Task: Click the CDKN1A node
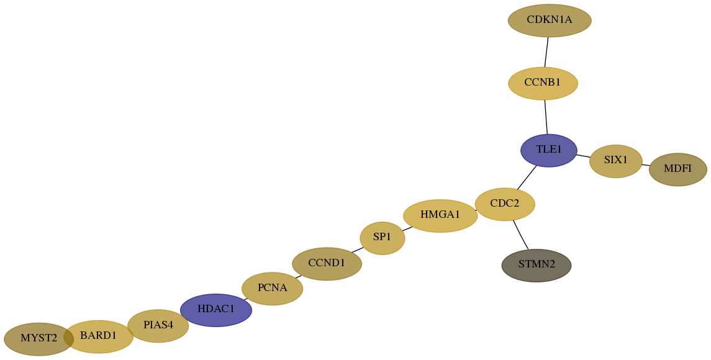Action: pyautogui.click(x=550, y=20)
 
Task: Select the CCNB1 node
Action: pyautogui.click(x=543, y=83)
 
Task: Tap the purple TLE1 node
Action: pyautogui.click(x=549, y=151)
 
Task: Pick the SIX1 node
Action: pyautogui.click(x=616, y=161)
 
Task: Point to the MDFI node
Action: pyautogui.click(x=678, y=169)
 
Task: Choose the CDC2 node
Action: pyautogui.click(x=505, y=204)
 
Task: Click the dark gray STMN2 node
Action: pyautogui.click(x=537, y=265)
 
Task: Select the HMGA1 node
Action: pyautogui.click(x=440, y=216)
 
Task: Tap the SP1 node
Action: pyautogui.click(x=383, y=238)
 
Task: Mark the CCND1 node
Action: pyautogui.click(x=327, y=264)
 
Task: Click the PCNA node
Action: pyautogui.click(x=272, y=289)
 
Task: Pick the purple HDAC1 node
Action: pyautogui.click(x=216, y=310)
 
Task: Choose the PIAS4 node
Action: pyautogui.click(x=158, y=326)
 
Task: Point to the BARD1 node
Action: pyautogui.click(x=98, y=337)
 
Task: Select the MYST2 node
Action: pyautogui.click(x=39, y=339)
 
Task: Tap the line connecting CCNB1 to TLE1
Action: pyautogui.click(x=546, y=117)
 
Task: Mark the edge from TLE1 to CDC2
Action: pyautogui.click(x=527, y=178)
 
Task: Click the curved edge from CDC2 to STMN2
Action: pyautogui.click(x=520, y=235)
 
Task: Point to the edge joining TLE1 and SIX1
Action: pyautogui.click(x=583, y=156)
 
